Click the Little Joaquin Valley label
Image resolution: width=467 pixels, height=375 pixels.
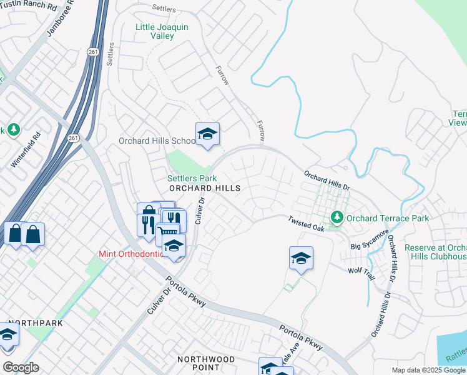point(162,31)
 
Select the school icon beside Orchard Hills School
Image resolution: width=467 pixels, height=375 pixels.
point(208,134)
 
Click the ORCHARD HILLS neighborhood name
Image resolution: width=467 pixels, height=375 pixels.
point(205,187)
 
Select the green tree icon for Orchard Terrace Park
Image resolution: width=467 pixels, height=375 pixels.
point(338,217)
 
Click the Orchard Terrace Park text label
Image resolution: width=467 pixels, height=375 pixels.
point(388,218)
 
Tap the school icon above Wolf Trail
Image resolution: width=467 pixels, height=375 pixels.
point(301,257)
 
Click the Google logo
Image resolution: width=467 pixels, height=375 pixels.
point(21,367)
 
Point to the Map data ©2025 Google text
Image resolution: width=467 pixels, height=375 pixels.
point(428,370)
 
